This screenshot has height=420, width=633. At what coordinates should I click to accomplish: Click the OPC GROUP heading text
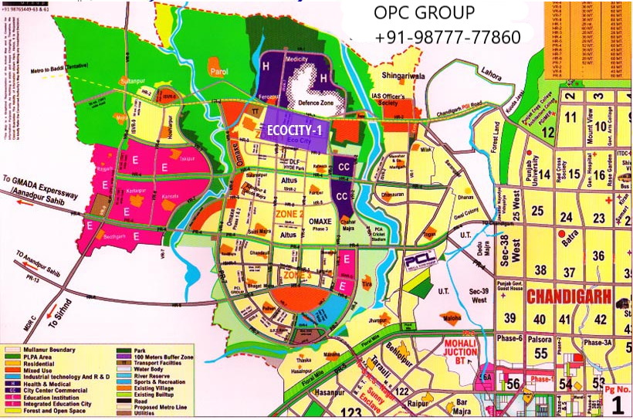click(x=424, y=13)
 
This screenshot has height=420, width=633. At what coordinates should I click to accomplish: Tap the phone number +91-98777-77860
click(x=448, y=37)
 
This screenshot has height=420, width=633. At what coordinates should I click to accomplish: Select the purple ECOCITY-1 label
click(x=295, y=130)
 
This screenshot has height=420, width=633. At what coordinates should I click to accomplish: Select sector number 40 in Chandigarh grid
click(x=538, y=318)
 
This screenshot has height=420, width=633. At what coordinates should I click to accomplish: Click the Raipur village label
click(x=421, y=401)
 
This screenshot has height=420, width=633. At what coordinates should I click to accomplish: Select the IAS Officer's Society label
click(x=398, y=98)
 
